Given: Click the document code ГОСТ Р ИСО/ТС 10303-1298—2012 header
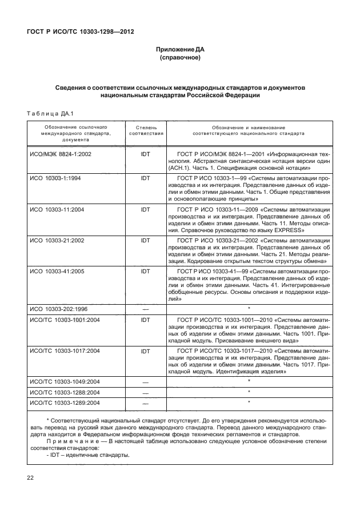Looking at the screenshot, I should (x=80, y=31).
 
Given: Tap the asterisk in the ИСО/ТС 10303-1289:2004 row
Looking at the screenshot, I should (x=249, y=403).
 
